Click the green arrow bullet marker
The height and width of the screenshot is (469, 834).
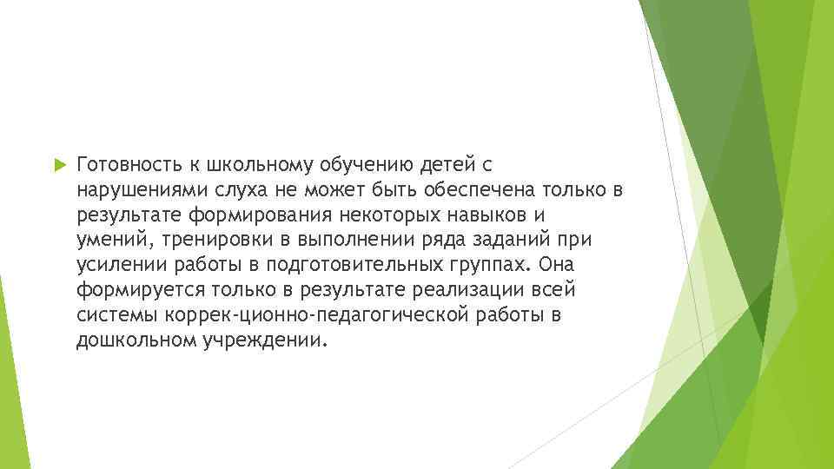(x=59, y=163)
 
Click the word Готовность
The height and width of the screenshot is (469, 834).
(x=128, y=163)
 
